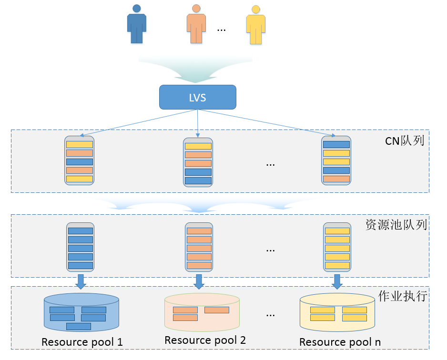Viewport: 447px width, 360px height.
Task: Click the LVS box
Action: coord(197,97)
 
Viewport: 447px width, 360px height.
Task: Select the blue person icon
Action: coord(137,25)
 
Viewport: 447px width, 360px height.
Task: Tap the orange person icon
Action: coord(196,25)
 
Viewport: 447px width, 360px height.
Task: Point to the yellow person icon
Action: coord(256,26)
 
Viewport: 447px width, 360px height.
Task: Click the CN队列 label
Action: coord(404,141)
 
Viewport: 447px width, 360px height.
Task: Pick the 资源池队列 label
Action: coord(396,225)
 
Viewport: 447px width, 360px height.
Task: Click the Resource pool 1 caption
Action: coord(82,342)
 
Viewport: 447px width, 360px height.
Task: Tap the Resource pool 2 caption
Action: coord(205,340)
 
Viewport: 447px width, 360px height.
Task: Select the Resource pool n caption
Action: coord(340,342)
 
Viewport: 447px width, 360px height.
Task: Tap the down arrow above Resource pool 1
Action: coord(81,281)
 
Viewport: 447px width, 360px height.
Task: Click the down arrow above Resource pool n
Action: coord(337,281)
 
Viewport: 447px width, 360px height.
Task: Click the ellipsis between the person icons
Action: coord(221,30)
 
